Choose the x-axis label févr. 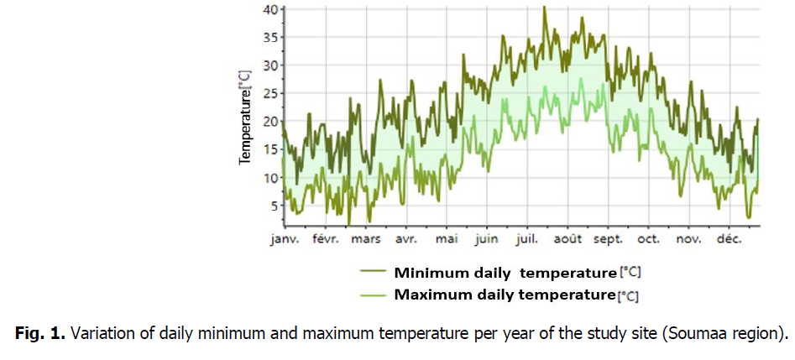pos(325,239)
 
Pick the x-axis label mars pos(366,239)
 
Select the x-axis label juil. pos(529,239)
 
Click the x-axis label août pos(568,239)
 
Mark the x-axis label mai pos(447,239)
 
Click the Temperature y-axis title pos(245,117)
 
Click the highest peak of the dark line pos(544,8)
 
